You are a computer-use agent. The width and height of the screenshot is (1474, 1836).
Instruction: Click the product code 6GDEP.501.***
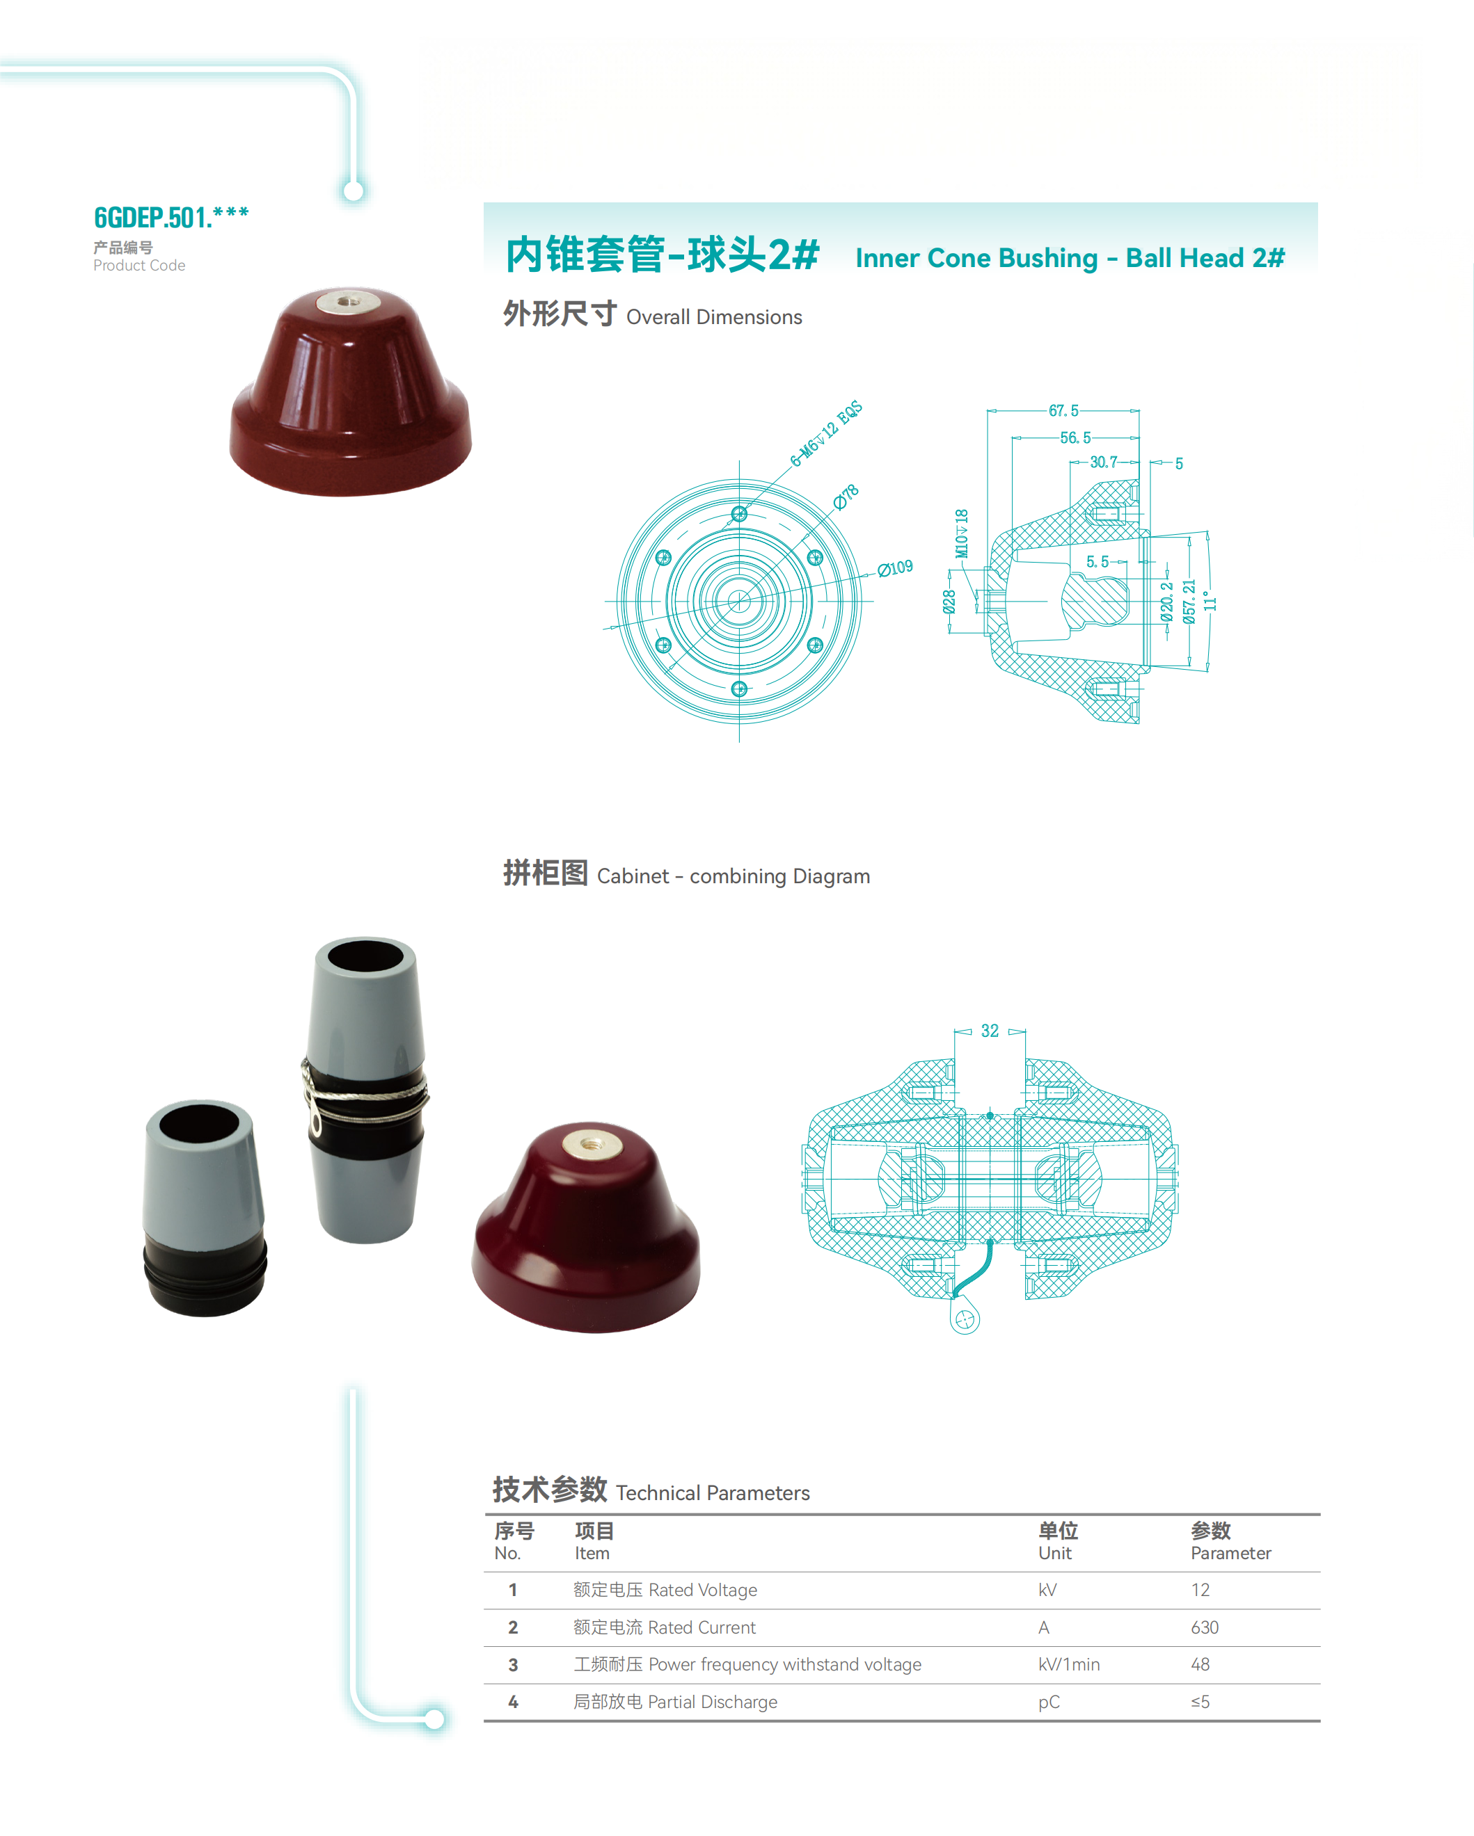point(171,217)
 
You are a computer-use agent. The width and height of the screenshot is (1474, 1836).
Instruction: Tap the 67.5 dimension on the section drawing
point(1063,410)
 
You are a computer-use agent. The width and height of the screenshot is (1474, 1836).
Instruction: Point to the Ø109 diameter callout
point(896,569)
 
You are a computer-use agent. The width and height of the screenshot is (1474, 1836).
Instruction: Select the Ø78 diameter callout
point(846,497)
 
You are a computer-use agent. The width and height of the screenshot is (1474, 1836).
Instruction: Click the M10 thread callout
point(961,533)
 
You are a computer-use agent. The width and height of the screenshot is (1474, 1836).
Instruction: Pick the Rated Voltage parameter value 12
point(1200,1590)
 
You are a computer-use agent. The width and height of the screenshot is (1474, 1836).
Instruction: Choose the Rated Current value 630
point(1204,1627)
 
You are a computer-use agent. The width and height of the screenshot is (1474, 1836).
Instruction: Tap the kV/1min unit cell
point(1068,1664)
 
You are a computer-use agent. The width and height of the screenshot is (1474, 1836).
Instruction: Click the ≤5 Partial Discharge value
point(1200,1702)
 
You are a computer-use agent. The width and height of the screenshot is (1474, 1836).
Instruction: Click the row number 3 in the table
point(513,1665)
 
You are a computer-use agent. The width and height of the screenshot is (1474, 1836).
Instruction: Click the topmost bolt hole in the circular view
point(738,513)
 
